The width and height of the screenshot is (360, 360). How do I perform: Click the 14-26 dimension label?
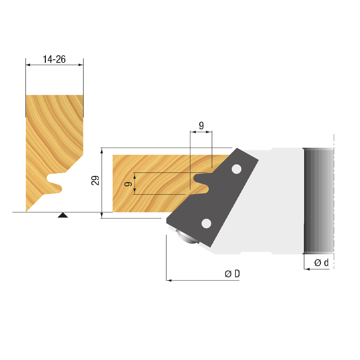pyautogui.click(x=54, y=59)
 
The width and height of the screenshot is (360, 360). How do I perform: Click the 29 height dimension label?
pyautogui.click(x=95, y=180)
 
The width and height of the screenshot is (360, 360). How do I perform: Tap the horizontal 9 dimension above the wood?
pyautogui.click(x=201, y=126)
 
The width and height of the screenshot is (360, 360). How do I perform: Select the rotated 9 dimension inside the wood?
pyautogui.click(x=129, y=184)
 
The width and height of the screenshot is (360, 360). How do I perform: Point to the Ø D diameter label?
pyautogui.click(x=232, y=274)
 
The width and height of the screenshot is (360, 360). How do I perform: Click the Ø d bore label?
pyautogui.click(x=321, y=262)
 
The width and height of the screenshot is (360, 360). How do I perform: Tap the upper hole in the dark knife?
pyautogui.click(x=237, y=169)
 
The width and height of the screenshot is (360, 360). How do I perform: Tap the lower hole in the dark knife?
pyautogui.click(x=206, y=223)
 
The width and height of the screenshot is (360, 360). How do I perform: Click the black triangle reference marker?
pyautogui.click(x=63, y=215)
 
